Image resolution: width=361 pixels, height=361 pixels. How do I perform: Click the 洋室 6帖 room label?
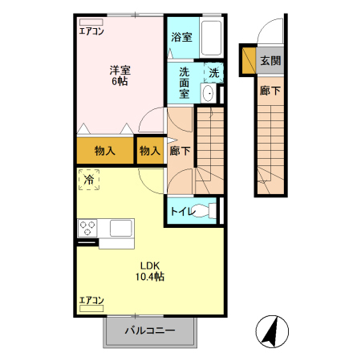(121, 75)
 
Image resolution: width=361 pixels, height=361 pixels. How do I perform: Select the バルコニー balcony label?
(150, 331)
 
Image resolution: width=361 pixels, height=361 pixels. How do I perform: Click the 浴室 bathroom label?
(182, 37)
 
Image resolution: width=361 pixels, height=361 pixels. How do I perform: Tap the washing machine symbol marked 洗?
(213, 72)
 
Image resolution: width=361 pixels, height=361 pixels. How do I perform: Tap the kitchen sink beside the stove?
(120, 228)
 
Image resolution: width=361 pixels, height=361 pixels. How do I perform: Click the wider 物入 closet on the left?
(105, 150)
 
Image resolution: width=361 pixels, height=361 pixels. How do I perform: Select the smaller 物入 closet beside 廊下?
(149, 150)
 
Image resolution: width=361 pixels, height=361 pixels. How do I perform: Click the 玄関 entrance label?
(270, 61)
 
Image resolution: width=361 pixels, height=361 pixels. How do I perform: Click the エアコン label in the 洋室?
(91, 33)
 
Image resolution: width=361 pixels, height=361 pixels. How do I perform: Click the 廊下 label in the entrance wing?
(270, 91)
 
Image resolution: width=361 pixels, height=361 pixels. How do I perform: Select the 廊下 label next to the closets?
(180, 150)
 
